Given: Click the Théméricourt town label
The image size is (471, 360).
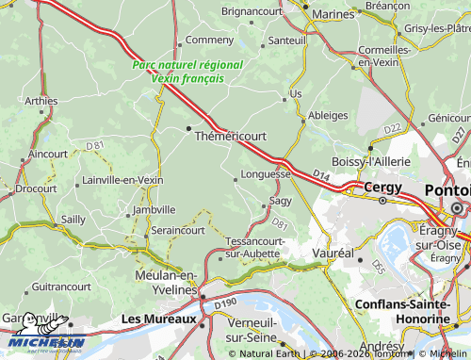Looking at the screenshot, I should (x=230, y=137).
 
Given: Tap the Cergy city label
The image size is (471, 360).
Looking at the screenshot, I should (x=381, y=187).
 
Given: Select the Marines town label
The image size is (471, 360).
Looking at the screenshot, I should (x=333, y=14).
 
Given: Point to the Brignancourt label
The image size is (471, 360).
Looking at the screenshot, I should (x=252, y=11).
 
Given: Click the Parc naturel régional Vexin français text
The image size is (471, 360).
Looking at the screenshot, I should (x=187, y=72).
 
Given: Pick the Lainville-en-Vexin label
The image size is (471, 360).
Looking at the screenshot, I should (x=123, y=179).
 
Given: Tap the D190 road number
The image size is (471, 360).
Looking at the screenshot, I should (x=224, y=304).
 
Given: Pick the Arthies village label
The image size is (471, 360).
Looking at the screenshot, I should (x=41, y=100).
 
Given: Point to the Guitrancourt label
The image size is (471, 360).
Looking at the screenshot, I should (x=61, y=286).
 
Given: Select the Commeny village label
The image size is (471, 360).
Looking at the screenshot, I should (x=209, y=40).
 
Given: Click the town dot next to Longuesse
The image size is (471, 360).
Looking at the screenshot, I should (x=235, y=176).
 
